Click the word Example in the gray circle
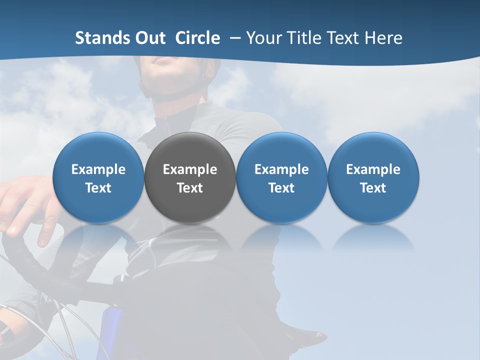click(190, 169)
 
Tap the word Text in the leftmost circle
click(98, 188)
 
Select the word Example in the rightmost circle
click(373, 169)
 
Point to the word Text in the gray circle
click(190, 188)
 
